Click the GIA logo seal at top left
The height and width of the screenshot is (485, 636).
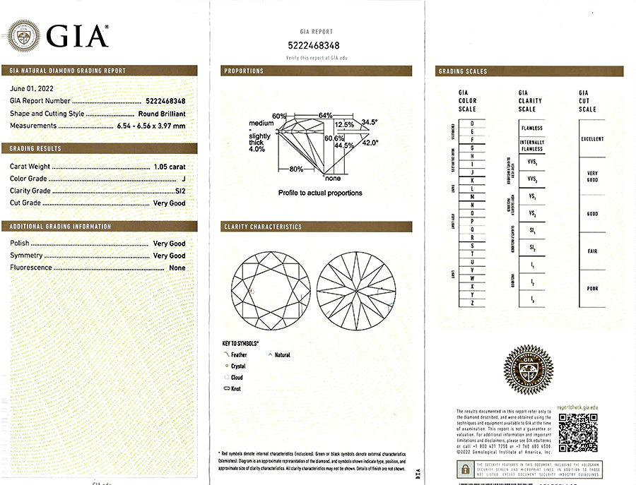(23, 34)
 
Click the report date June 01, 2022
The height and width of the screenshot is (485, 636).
(31, 89)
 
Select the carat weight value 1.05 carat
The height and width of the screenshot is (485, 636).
(170, 167)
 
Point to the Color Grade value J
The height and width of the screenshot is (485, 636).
(183, 179)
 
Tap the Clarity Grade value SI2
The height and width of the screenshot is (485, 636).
(179, 191)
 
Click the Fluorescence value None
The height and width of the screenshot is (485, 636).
(177, 268)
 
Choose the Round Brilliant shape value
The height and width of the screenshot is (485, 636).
(162, 114)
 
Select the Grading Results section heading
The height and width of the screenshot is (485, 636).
(36, 149)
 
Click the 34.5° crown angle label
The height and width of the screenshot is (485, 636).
(370, 122)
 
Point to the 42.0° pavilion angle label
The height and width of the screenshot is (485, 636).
(370, 143)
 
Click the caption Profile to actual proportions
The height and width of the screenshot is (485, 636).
(319, 193)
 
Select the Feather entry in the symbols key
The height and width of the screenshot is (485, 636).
(239, 355)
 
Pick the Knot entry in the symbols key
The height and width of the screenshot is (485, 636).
(235, 389)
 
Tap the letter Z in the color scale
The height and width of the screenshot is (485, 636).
(471, 303)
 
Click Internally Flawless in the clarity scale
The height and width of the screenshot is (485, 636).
(531, 145)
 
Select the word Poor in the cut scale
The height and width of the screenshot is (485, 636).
(591, 289)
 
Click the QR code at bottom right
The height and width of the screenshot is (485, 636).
(577, 431)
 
